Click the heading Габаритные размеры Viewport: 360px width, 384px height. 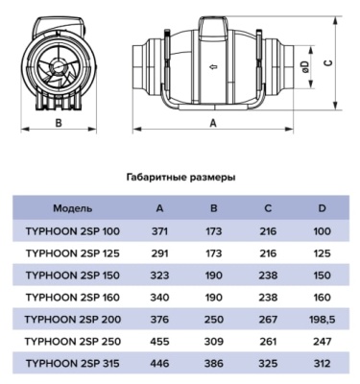click(180, 178)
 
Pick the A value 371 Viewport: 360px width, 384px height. click(160, 231)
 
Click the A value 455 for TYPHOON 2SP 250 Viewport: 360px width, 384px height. click(160, 342)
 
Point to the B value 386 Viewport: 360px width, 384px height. click(215, 364)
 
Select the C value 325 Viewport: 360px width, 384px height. click(269, 364)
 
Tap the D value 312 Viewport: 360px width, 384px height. click(323, 364)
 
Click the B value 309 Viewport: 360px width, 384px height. click(215, 342)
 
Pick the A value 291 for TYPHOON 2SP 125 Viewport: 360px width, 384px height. click(160, 253)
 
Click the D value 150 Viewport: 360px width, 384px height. click(323, 276)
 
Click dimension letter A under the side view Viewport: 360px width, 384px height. click(212, 123)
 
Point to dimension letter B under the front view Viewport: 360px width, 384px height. click(57, 123)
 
